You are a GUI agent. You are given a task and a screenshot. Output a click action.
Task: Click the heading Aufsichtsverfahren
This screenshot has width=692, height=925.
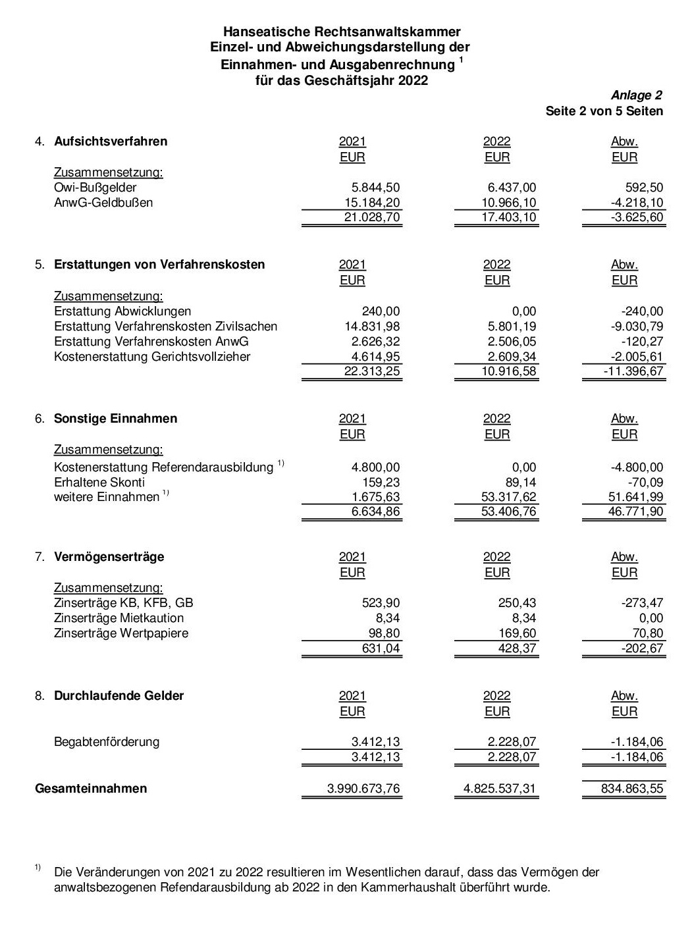tap(111, 142)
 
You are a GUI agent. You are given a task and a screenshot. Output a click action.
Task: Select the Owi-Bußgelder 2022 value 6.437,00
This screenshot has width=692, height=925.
tap(508, 188)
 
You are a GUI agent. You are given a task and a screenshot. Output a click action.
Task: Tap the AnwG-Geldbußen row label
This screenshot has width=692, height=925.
tap(103, 203)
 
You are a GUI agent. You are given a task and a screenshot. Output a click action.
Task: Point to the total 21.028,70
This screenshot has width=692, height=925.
tap(371, 217)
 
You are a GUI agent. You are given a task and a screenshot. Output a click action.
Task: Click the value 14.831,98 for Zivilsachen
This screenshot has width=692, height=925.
tap(371, 327)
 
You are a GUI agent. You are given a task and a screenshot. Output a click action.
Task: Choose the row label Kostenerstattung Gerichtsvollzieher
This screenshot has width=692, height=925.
tap(152, 357)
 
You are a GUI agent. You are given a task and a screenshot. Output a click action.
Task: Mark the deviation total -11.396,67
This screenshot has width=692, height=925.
tap(633, 371)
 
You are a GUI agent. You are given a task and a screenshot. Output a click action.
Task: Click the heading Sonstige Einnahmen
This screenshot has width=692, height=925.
tap(115, 419)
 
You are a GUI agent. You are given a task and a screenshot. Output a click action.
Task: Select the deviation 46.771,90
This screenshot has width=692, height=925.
tap(635, 512)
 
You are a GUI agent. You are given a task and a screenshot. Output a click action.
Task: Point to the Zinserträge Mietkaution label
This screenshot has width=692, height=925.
tap(119, 618)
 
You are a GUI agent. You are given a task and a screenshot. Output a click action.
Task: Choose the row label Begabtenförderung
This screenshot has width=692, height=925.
tap(107, 742)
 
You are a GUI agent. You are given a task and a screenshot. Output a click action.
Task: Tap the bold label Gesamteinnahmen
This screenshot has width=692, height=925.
tap(91, 789)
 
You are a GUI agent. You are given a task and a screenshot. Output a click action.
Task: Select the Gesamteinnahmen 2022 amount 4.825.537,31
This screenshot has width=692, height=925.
tap(500, 789)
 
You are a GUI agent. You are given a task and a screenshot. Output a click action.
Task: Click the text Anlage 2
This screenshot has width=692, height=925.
tap(636, 95)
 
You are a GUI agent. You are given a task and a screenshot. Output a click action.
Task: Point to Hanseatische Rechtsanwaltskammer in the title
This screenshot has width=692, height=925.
tap(342, 32)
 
